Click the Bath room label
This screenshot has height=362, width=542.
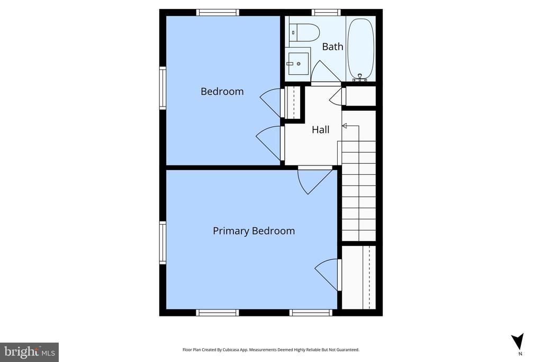pos(332,46)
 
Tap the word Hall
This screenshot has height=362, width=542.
pos(320,130)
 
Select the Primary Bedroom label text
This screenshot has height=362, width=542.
pos(254,231)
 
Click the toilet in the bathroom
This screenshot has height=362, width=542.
pos(304,32)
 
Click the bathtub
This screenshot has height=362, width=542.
pos(360,49)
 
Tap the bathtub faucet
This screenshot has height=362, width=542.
pos(360,78)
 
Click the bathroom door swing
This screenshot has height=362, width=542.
pos(326,72)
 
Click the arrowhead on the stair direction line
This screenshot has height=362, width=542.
pos(344,126)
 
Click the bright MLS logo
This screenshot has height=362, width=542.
pos(30,352)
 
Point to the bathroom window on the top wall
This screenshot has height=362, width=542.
pos(326,13)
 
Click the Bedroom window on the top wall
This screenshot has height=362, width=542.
pos(218,13)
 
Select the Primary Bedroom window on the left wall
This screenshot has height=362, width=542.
pos(162,243)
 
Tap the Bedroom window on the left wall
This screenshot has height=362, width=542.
pos(162,89)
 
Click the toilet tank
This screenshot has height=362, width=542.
pos(293,33)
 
